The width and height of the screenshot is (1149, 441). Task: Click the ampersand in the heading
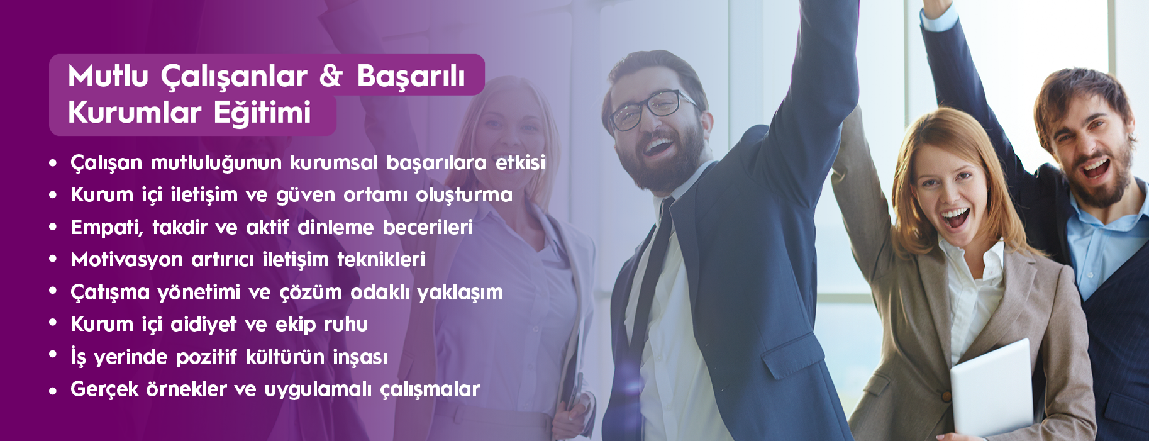pos(331,75)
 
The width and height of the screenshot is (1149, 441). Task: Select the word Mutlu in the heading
pos(108,76)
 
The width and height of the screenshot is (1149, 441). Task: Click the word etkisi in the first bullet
pos(520,162)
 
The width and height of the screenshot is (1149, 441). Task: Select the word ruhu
pos(346,325)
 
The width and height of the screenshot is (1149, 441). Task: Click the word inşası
pos(360,357)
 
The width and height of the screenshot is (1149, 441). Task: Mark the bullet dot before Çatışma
pos(53,292)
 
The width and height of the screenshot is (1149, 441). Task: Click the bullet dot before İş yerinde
pos(53,356)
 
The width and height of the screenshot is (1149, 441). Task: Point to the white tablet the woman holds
pos(992,389)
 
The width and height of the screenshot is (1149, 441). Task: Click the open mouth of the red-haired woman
pos(955,218)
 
